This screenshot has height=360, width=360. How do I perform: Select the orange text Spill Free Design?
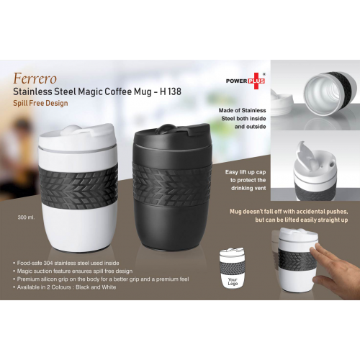pyautogui.click(x=40, y=103)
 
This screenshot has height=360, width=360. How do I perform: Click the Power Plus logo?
pyautogui.click(x=246, y=80)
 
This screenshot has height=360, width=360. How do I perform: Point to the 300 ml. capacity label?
pyautogui.click(x=26, y=216)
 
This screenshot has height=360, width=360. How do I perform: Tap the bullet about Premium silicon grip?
pyautogui.click(x=101, y=279)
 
